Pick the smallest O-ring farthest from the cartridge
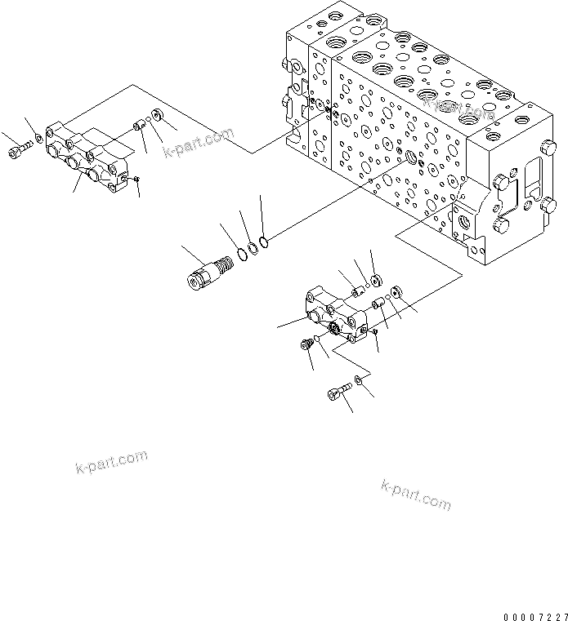pos(262,240)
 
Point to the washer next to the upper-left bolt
pos(38,143)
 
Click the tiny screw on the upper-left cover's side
pos(137,180)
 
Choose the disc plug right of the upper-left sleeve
pos(156,120)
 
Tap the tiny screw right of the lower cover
pos(374,332)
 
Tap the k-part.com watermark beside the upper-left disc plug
pos(198,142)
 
